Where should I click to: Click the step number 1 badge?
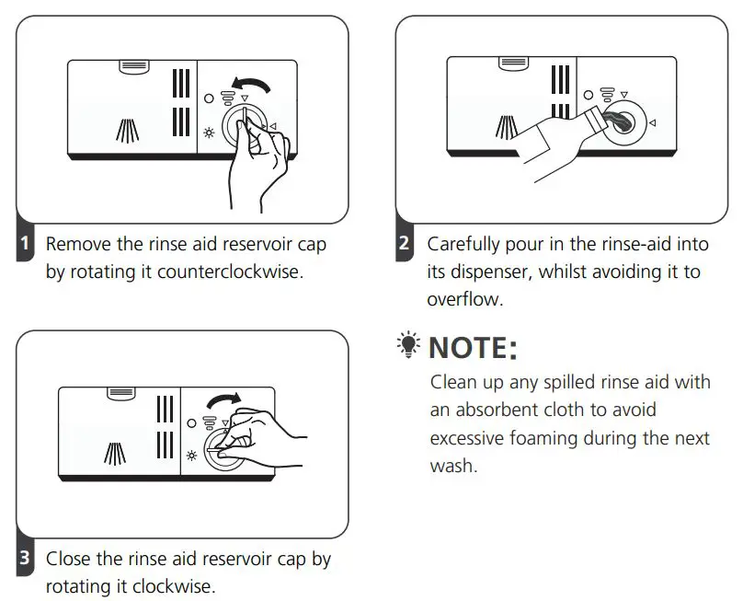26,245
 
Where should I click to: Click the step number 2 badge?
405,245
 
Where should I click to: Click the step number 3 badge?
26,559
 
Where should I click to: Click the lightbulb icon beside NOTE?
408,346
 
